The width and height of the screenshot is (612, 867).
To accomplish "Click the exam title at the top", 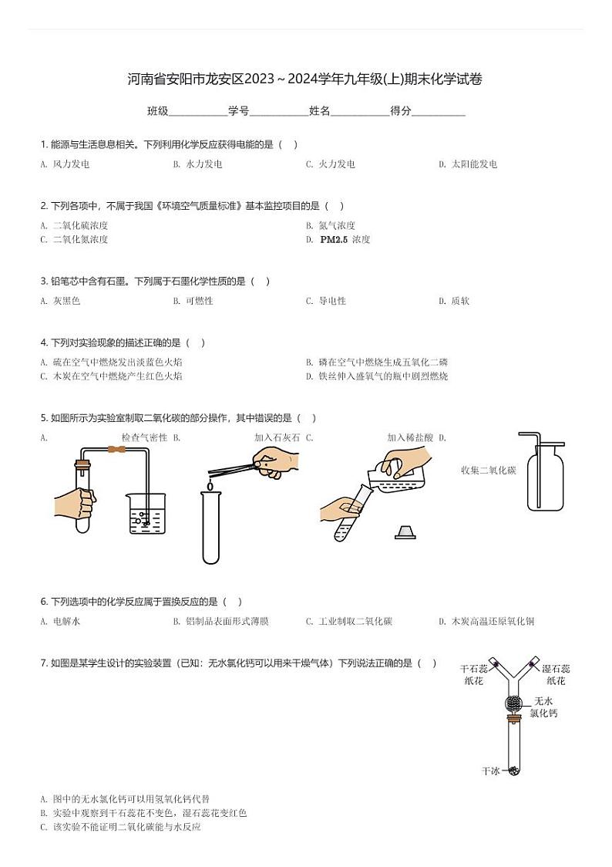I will tap(305, 79).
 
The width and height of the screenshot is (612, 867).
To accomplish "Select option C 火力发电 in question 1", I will tap(330, 164).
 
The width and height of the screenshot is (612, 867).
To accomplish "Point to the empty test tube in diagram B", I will tap(210, 528).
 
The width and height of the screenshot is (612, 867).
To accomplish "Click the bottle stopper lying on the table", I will tap(406, 531).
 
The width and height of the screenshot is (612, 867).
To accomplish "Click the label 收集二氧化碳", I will tap(488, 471).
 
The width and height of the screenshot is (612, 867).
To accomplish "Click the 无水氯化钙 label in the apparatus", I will tap(543, 707).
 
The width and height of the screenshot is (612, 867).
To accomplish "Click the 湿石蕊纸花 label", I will tap(556, 675).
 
